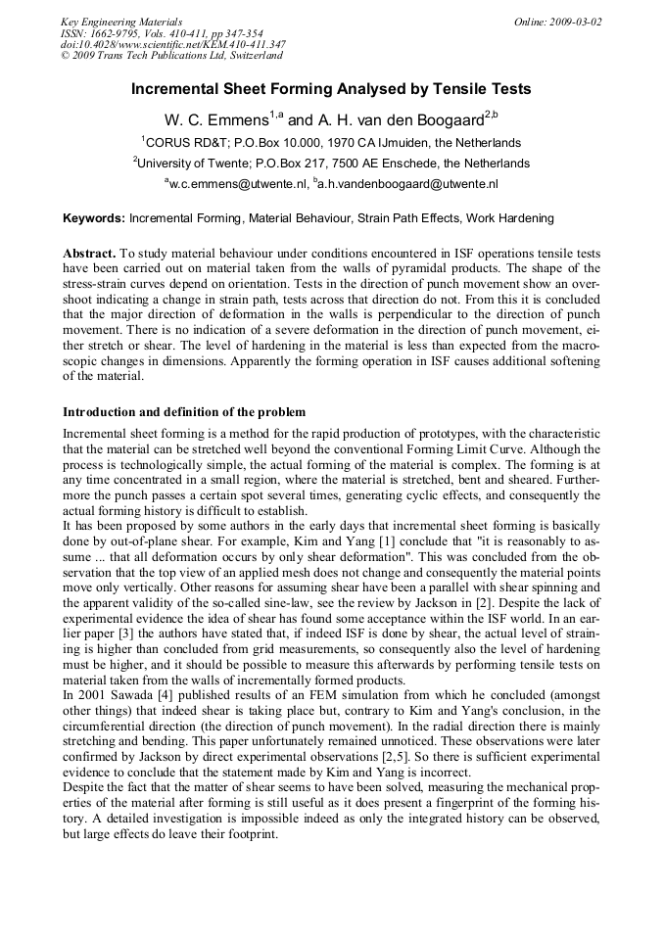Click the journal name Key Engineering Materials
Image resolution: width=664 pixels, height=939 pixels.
121,22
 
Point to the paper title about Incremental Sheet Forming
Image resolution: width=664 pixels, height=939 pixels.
331,89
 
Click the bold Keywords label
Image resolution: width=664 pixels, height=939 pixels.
94,218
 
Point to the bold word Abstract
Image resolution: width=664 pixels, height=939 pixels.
89,254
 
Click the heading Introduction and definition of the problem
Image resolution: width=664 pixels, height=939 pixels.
184,412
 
